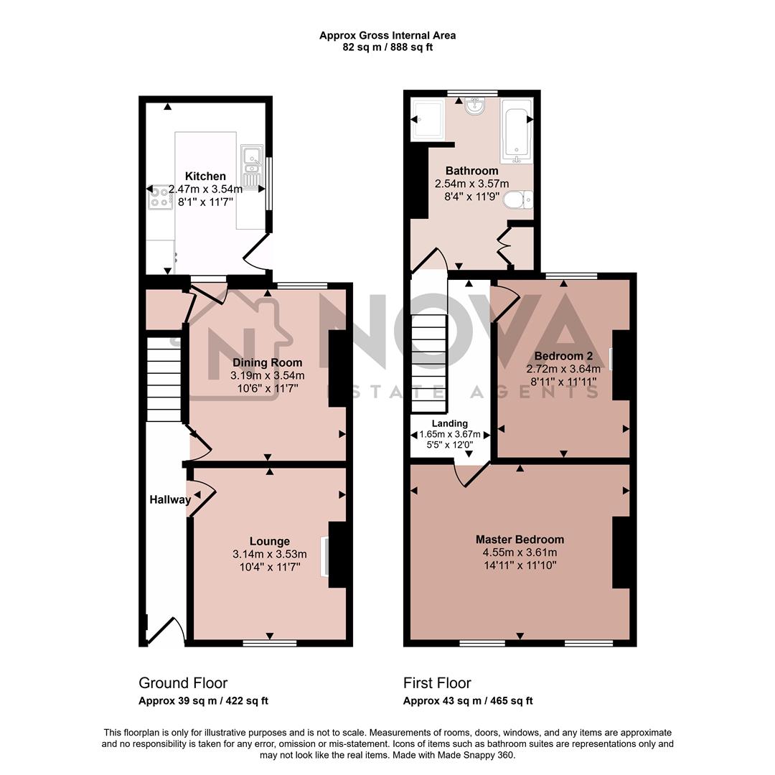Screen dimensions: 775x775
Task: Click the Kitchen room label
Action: point(205,176)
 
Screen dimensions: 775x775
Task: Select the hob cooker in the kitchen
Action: point(158,197)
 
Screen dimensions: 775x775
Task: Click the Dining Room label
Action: point(267,362)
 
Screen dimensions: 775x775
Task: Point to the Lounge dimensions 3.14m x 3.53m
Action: point(269,554)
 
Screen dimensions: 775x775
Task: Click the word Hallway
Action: point(170,499)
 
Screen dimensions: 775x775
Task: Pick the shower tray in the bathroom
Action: point(428,118)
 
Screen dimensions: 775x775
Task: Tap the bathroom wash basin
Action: point(474,107)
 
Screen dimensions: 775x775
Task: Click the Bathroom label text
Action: point(471,171)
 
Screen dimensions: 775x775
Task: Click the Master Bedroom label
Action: point(520,539)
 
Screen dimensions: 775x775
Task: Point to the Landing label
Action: point(450,423)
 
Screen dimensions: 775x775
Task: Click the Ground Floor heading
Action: point(182,682)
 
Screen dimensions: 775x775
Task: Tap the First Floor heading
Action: point(437,682)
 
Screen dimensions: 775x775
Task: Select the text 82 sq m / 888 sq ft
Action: point(387,47)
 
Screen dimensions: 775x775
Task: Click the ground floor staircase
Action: point(164,380)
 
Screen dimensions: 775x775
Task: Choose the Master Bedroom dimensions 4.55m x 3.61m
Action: point(520,553)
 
